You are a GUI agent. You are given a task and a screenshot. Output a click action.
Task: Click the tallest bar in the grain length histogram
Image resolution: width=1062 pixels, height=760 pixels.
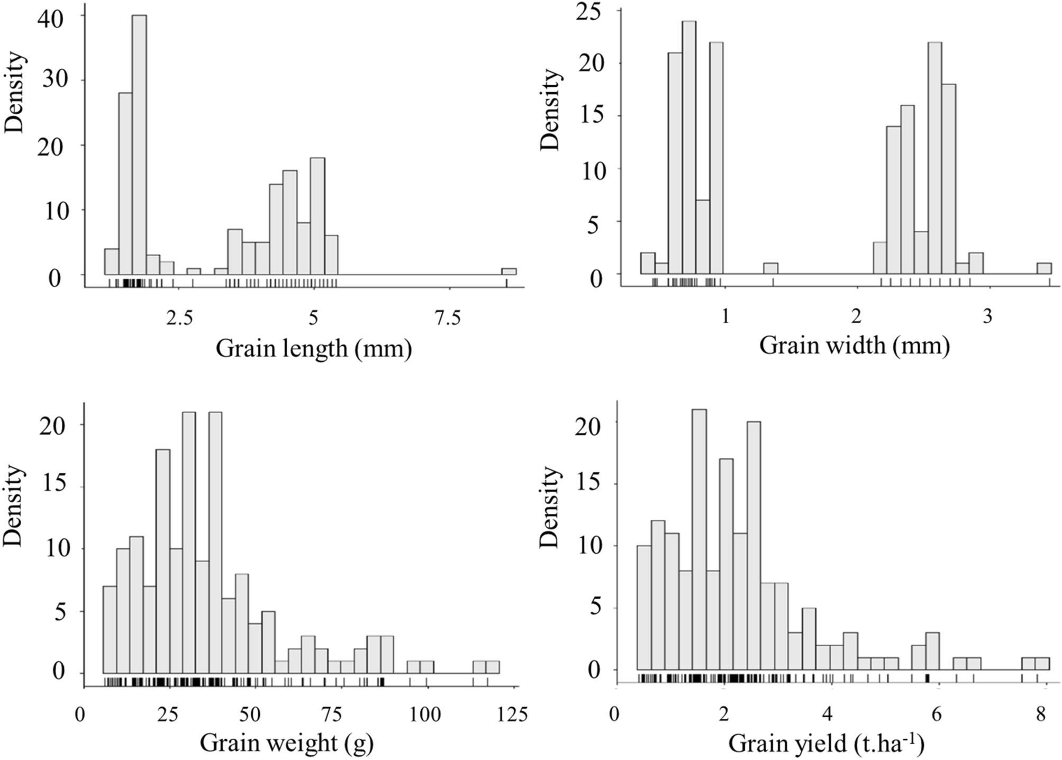139,146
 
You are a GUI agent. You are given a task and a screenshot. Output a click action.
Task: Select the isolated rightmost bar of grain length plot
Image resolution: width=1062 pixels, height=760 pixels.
509,272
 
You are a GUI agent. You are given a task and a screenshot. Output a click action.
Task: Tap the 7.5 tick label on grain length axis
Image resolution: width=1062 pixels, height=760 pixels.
448,319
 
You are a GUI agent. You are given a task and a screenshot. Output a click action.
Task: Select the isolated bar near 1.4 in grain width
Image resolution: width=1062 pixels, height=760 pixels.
770,268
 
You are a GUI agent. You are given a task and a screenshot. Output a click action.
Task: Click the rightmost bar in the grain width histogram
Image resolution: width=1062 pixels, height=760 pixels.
1043,268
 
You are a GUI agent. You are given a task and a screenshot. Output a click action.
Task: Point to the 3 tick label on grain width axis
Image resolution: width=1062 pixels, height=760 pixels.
987,318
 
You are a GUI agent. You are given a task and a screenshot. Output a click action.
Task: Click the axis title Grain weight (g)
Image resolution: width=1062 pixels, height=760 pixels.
287,744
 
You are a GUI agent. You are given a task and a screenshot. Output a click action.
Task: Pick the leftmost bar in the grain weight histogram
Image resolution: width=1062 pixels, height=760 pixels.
109,630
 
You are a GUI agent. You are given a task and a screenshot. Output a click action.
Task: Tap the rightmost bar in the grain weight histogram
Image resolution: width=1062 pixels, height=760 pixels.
492,667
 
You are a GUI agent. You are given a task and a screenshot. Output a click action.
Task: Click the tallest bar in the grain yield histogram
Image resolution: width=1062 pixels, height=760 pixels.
699,540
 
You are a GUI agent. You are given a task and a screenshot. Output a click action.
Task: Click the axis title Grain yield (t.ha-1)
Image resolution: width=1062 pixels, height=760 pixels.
825,744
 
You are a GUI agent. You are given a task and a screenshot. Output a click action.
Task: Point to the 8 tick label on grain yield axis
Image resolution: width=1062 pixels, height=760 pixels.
1040,716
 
